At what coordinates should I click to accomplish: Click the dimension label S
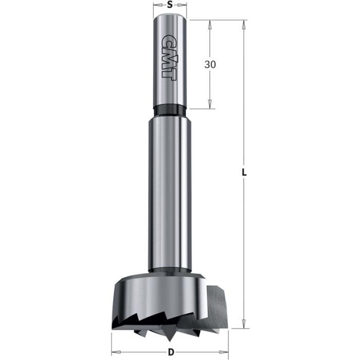[170, 5]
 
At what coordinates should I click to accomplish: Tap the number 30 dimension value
[210, 64]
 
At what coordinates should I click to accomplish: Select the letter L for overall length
[245, 173]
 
